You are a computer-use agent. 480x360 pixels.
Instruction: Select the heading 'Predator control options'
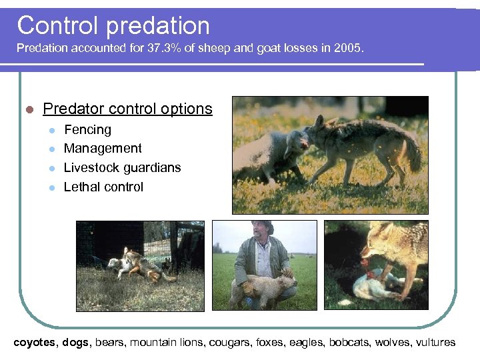(x=127, y=109)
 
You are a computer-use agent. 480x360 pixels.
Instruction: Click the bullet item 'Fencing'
(x=87, y=130)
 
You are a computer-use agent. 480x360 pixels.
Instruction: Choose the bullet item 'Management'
(x=103, y=149)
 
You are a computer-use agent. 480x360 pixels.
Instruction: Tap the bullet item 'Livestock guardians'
(x=122, y=168)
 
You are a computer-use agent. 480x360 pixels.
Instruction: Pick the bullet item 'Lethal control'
(x=103, y=187)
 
